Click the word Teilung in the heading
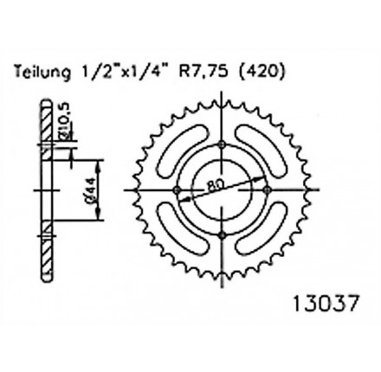42,72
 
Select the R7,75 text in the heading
203,72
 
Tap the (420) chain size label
261,72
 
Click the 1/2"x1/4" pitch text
125,72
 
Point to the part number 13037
326,303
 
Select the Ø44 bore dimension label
91,190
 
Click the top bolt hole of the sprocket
222,144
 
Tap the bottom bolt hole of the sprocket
222,235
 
